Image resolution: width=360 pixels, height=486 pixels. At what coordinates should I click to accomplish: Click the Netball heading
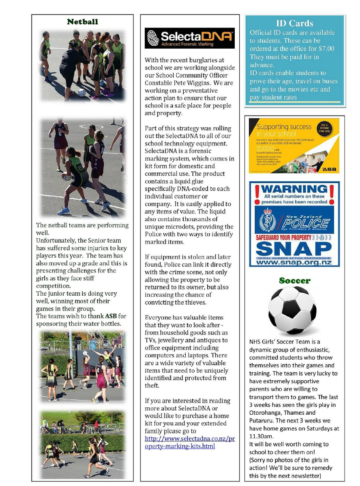[82, 22]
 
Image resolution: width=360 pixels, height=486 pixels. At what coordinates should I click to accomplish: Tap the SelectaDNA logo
[189, 38]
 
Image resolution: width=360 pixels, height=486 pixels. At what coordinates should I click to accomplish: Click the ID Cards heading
[294, 23]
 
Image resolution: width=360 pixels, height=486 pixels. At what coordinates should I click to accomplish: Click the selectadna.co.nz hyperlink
[189, 442]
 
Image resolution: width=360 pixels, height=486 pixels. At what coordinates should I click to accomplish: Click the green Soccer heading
[294, 280]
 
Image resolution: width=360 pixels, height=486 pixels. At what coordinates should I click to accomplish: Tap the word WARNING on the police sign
[294, 189]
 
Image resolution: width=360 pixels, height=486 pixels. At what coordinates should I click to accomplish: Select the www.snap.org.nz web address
[294, 262]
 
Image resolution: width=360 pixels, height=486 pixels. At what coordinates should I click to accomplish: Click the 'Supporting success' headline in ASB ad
[284, 127]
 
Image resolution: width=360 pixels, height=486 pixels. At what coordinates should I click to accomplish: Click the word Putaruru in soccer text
[262, 420]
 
